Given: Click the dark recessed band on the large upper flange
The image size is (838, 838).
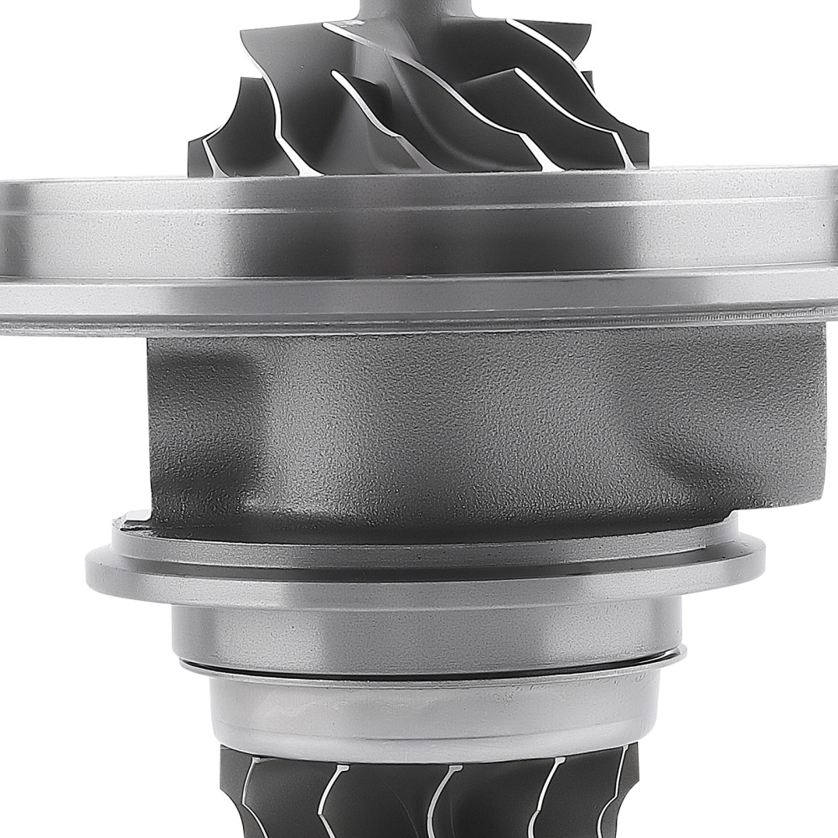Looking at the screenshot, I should [x=419, y=251].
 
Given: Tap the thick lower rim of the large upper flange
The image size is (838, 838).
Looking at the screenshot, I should [x=419, y=302].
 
